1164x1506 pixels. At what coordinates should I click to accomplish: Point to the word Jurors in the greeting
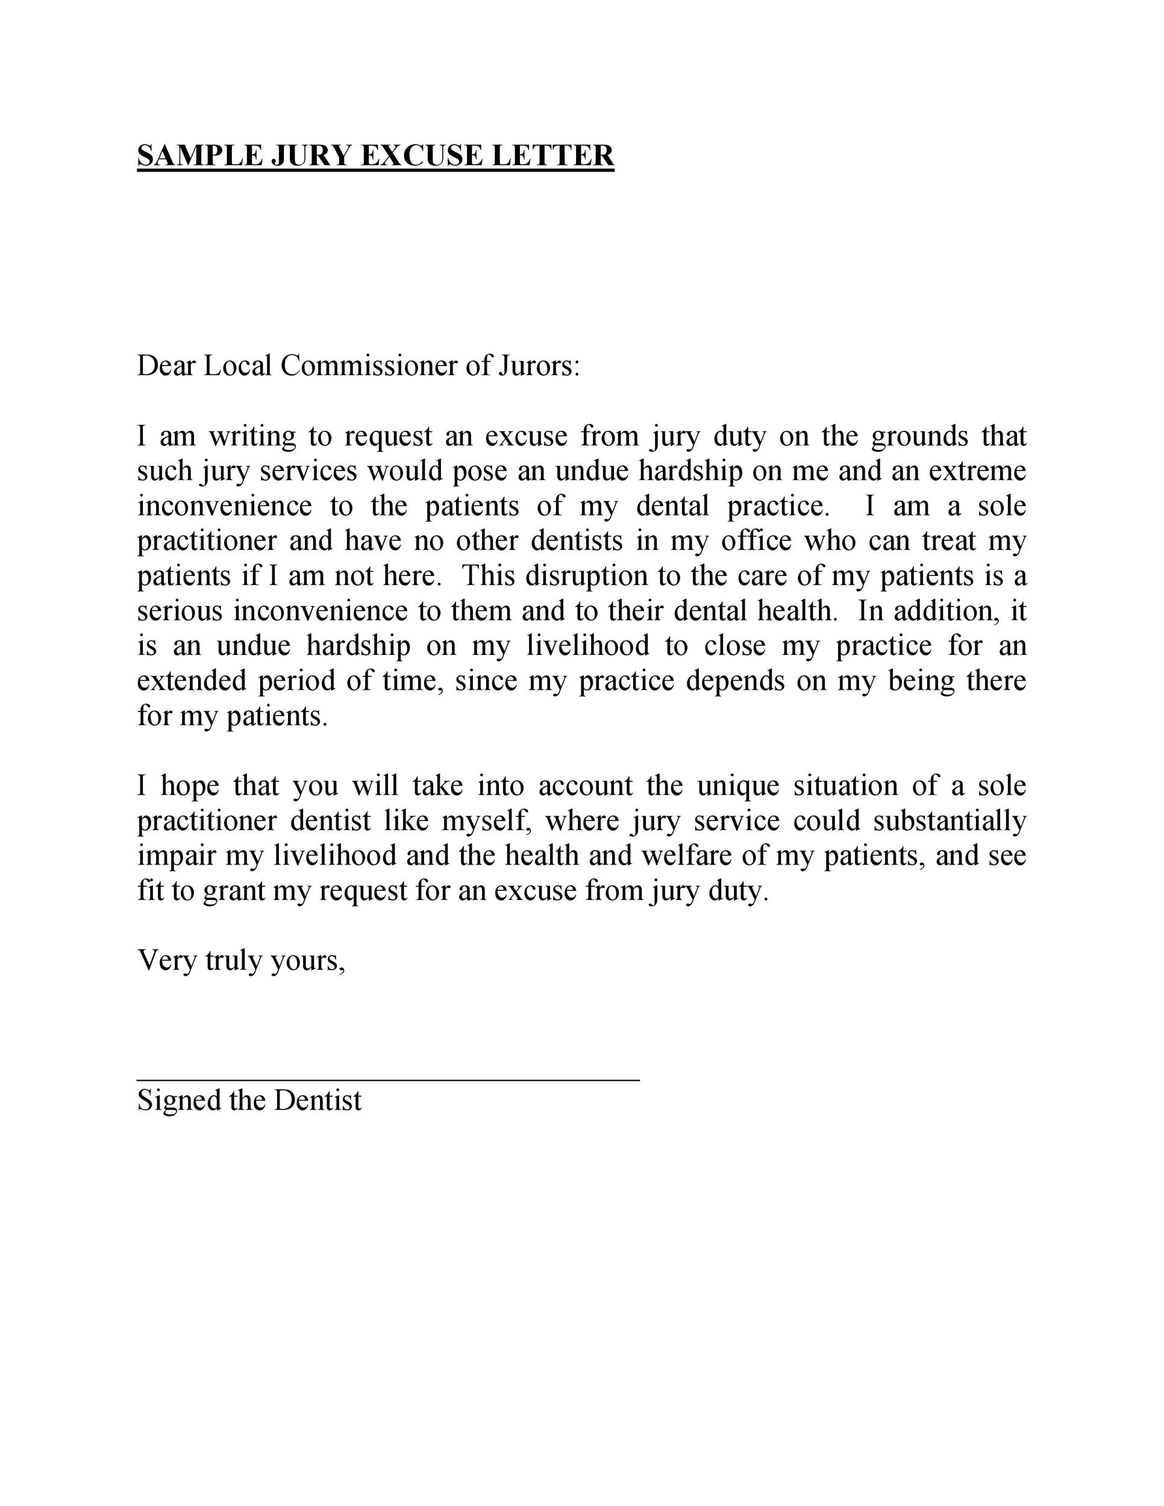[539, 366]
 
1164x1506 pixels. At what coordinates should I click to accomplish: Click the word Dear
[166, 366]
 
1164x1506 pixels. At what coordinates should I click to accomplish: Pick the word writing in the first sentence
[253, 437]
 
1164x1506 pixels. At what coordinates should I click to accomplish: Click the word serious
[180, 611]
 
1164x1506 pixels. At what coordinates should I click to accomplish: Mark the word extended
[192, 681]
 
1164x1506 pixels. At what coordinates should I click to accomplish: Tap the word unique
[737, 786]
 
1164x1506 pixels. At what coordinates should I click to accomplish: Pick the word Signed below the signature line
[178, 1101]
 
